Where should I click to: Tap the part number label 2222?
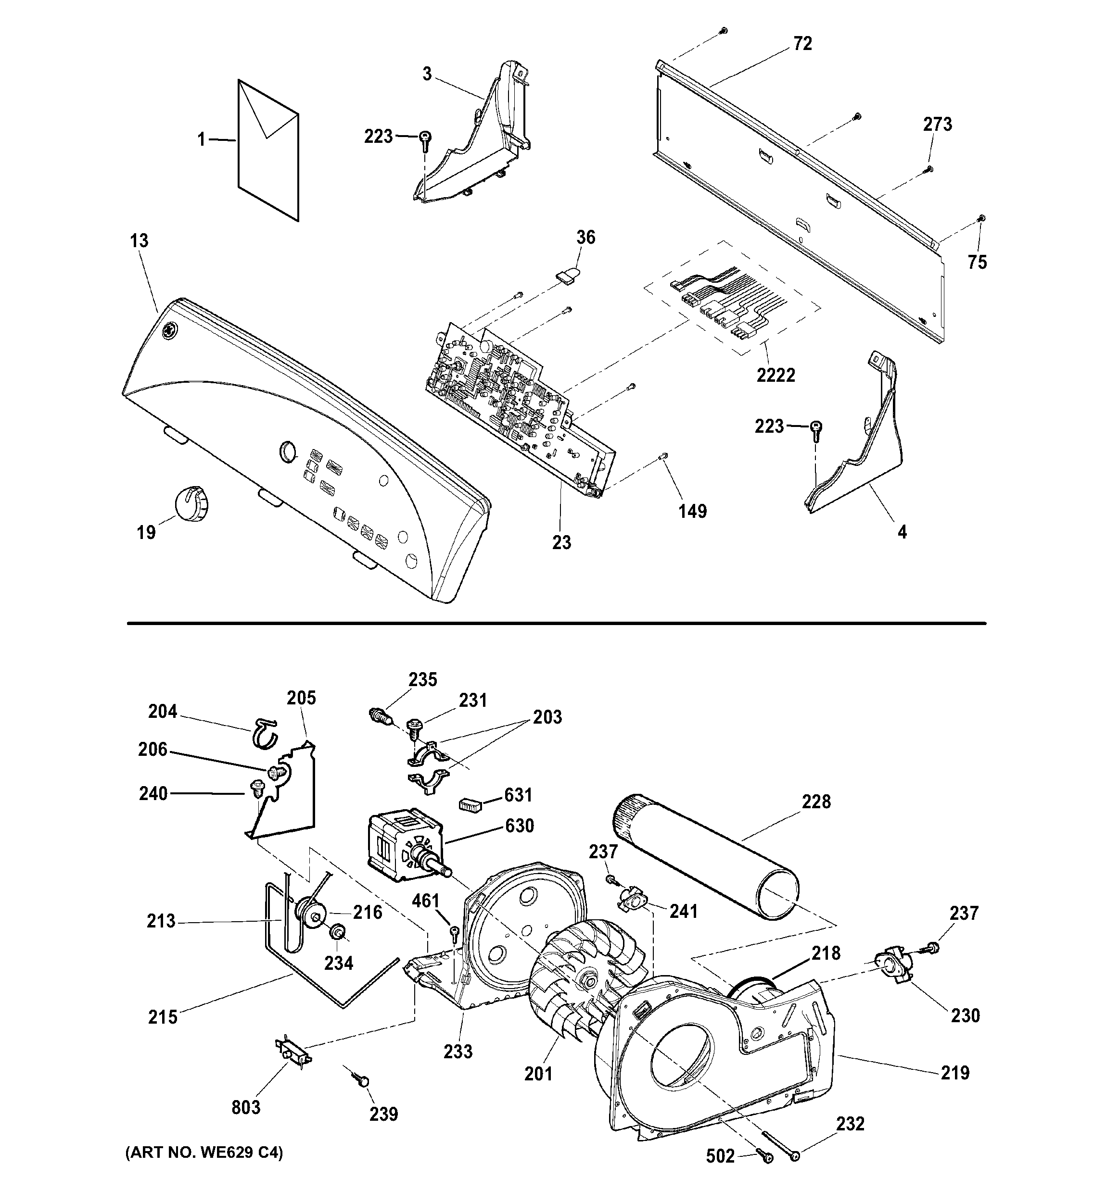click(x=776, y=376)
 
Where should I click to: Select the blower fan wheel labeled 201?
click(x=584, y=982)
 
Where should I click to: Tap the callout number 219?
click(x=954, y=1073)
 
